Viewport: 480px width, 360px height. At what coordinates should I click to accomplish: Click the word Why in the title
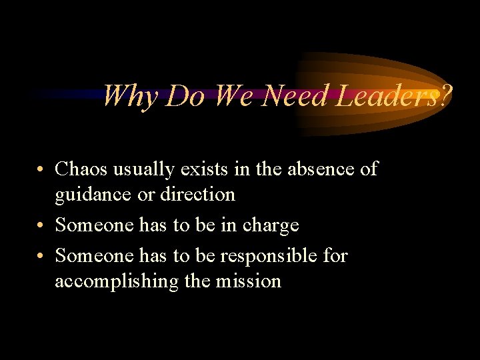pos(131,96)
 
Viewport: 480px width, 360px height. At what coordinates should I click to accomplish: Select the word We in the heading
pos(233,96)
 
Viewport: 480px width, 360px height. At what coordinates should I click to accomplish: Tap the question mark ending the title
pos(445,96)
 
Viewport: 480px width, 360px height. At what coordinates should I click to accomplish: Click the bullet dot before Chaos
pos(42,170)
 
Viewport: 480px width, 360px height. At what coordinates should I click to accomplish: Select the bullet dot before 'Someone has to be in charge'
pos(42,226)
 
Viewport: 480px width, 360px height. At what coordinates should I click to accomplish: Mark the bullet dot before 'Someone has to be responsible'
pos(42,256)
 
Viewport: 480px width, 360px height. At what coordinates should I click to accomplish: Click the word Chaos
pos(83,169)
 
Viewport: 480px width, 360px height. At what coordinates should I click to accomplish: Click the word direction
pos(197,195)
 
